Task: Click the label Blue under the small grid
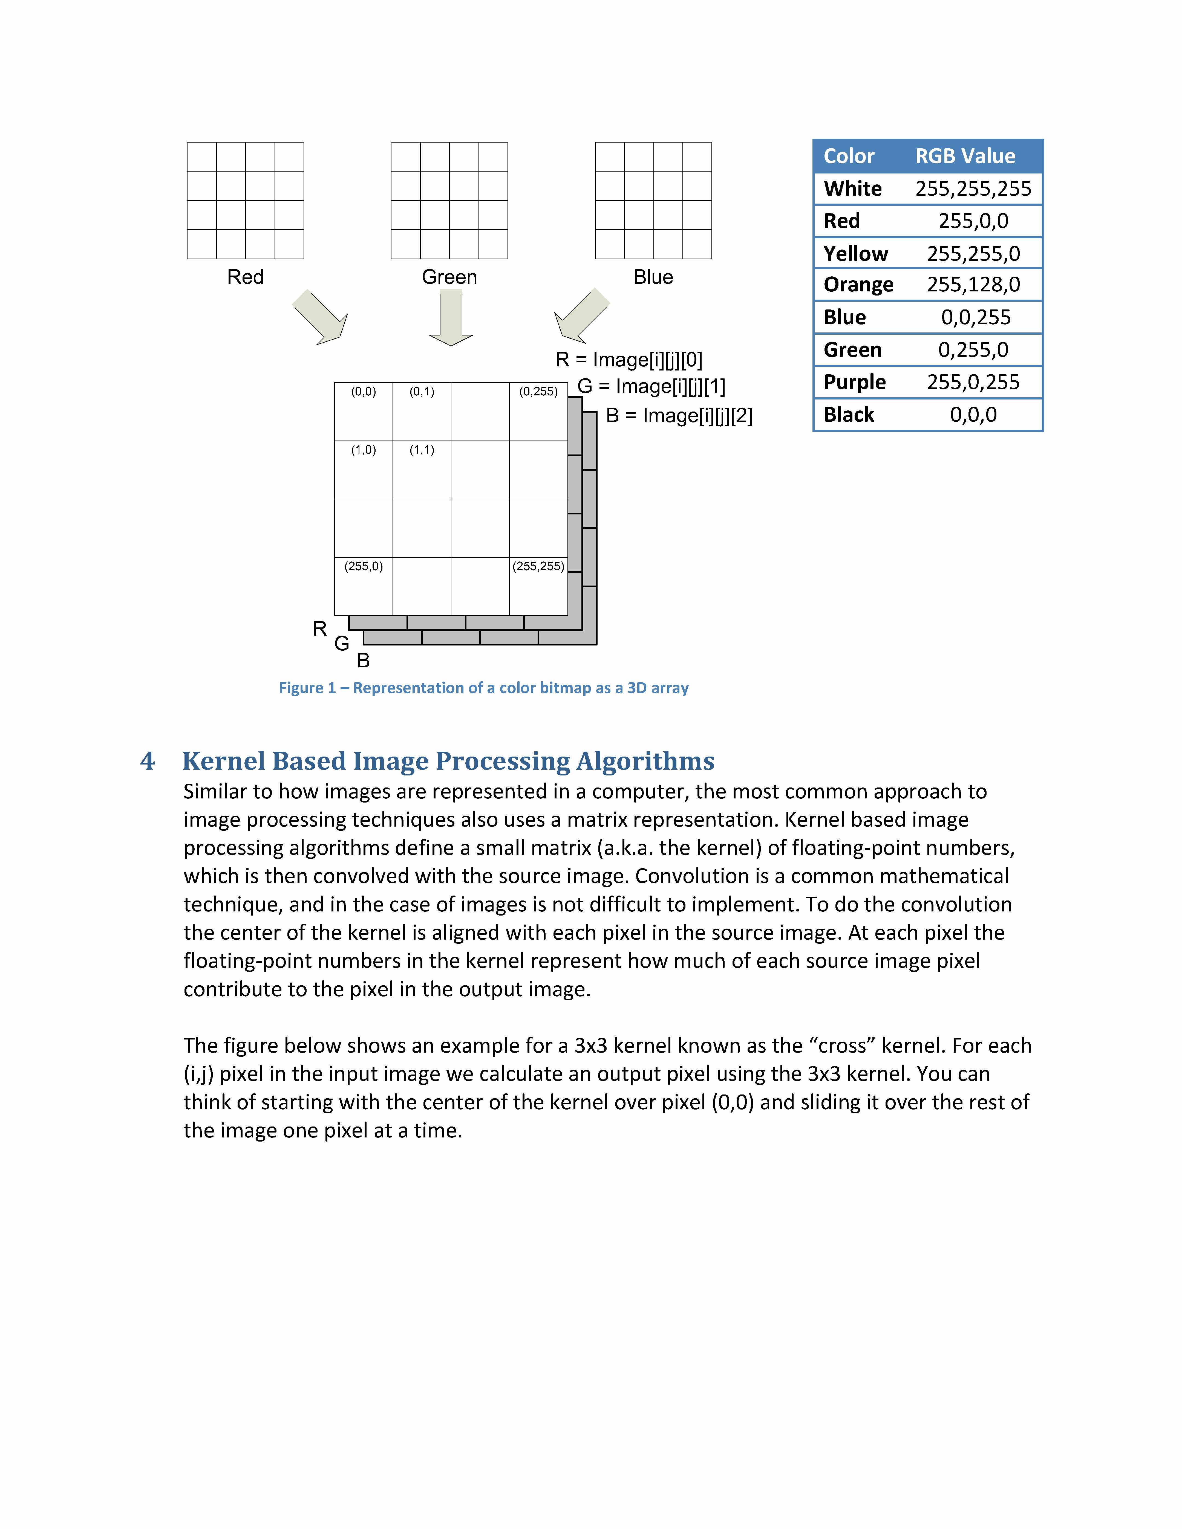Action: click(653, 277)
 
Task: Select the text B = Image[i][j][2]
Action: click(679, 416)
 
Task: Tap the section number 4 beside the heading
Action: click(147, 761)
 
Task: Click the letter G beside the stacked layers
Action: click(342, 643)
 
